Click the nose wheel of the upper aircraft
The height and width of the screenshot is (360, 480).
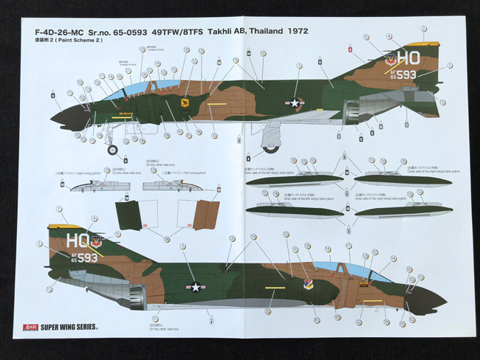coord(112,150)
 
